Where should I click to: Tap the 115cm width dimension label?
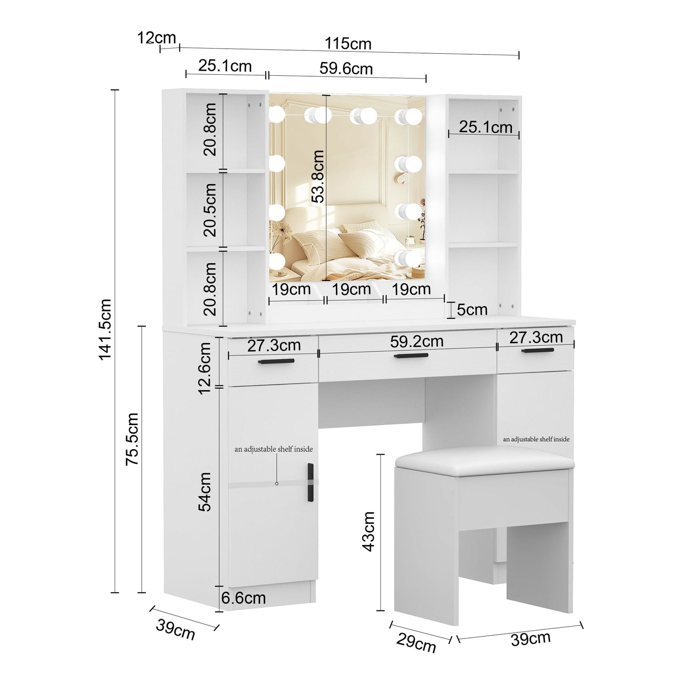point(348,44)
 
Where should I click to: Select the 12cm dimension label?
point(157,38)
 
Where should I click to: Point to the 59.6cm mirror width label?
point(346,69)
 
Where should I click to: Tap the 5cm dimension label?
point(472,310)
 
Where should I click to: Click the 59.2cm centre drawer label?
point(417,341)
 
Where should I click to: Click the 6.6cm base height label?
point(244,598)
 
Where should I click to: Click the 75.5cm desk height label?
point(133,439)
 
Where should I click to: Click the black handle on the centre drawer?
point(412,355)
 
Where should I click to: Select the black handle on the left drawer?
point(276,361)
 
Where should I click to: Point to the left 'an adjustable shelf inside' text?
point(274,449)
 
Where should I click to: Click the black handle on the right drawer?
point(537,350)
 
